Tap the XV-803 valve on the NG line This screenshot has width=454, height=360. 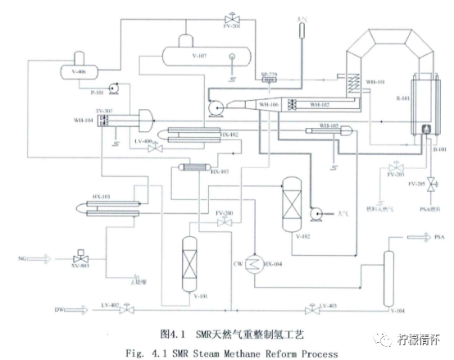(x=79, y=257)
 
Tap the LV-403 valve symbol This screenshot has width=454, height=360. (x=310, y=310)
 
